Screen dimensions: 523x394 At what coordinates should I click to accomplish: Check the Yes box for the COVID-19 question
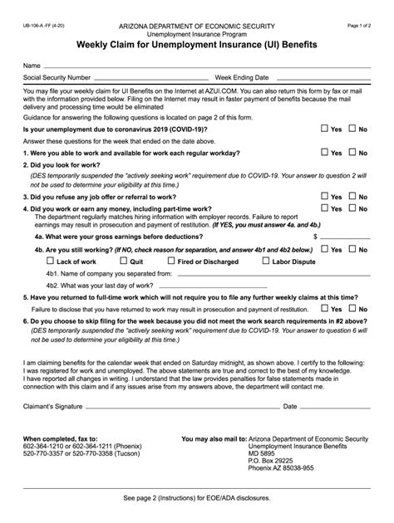[324, 130]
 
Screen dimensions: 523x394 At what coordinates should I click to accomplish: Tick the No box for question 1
[352, 153]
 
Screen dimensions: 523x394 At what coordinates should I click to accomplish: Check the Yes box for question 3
[324, 197]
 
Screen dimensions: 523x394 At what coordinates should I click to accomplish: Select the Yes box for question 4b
[324, 248]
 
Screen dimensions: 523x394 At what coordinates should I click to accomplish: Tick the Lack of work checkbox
[49, 261]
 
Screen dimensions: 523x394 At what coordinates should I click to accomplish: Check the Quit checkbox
[124, 261]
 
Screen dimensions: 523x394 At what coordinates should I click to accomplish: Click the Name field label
[32, 65]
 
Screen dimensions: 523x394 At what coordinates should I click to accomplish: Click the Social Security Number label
[57, 76]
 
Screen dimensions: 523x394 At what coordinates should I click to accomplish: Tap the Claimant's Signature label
[57, 407]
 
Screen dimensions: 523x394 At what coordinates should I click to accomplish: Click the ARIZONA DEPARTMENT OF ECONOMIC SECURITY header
[196, 27]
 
